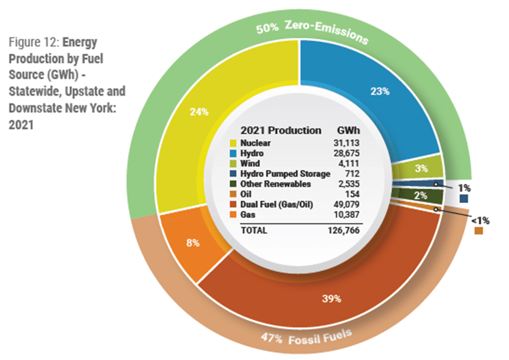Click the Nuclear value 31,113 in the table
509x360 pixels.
pos(348,143)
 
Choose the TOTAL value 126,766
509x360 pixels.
pos(346,231)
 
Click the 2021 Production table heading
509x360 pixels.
pos(281,130)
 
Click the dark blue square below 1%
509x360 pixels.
pos(464,199)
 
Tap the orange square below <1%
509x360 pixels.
pos(479,231)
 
